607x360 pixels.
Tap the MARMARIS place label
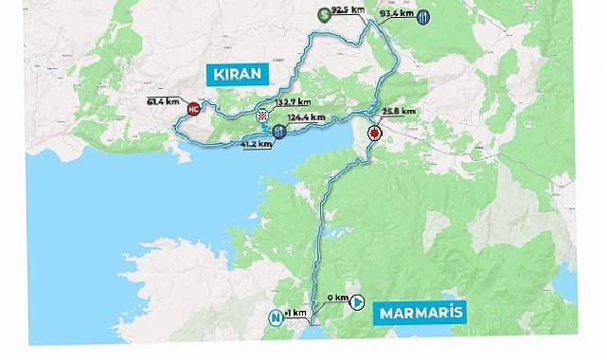pos(419,311)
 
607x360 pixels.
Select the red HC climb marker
pos(194,109)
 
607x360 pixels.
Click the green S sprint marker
pos(324,13)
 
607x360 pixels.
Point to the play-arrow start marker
pos(358,303)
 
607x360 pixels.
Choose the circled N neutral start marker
pos(277,317)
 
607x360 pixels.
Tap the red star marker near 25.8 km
pos(374,135)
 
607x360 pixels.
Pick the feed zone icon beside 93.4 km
pos(424,16)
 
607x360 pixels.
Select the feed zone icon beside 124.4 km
pos(278,132)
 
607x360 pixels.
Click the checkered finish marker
pos(262,117)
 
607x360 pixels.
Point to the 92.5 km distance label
pos(349,10)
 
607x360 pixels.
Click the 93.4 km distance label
pos(396,15)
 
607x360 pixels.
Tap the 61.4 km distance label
pos(163,99)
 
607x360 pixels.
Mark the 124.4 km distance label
pos(305,117)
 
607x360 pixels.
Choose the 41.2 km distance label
pos(257,145)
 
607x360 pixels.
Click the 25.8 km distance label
pos(398,112)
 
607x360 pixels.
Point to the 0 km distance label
pos(334,298)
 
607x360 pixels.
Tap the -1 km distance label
pos(297,313)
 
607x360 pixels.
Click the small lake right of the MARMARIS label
pos(565,281)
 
